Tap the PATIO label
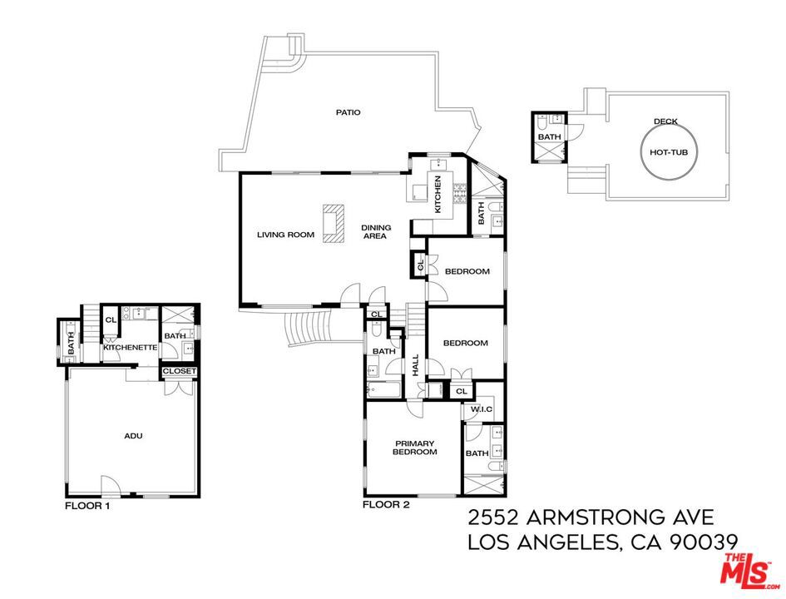[348, 112]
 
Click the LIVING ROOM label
[286, 235]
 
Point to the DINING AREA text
[376, 231]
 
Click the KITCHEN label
[437, 194]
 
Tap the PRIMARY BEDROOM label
[414, 448]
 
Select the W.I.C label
[482, 409]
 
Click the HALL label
[416, 365]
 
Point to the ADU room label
[133, 436]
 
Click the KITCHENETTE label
[131, 348]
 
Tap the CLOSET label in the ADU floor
[180, 371]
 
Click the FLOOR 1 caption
[87, 506]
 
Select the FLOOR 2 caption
[386, 504]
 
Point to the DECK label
[665, 121]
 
